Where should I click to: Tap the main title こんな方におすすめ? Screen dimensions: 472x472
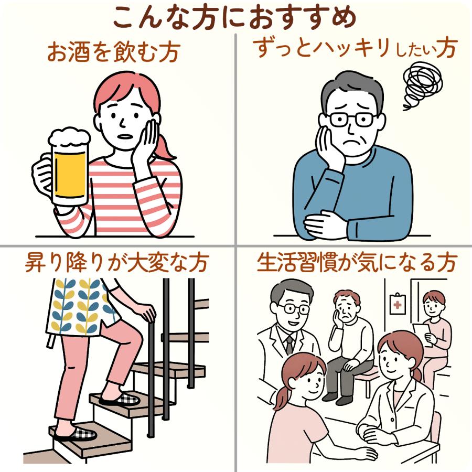[x=235, y=17]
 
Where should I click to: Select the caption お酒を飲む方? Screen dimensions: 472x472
[x=114, y=52]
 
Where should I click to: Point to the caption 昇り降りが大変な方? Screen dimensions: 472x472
[x=116, y=263]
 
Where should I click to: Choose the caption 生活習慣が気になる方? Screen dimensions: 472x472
[x=357, y=263]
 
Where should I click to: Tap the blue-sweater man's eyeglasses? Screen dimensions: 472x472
[x=350, y=120]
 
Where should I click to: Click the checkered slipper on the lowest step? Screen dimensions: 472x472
[x=77, y=433]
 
